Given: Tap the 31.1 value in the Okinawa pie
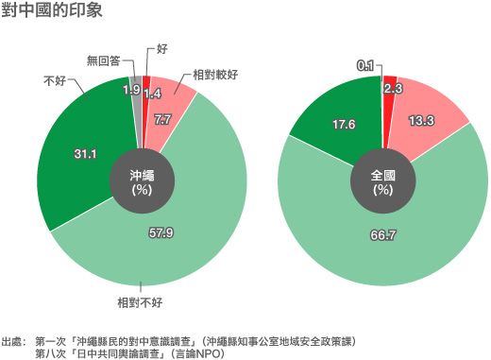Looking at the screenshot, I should pos(85,152).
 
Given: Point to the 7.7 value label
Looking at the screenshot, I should pos(161,120).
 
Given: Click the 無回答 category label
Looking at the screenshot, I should pos(104,60).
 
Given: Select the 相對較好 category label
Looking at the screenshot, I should pos(216,74).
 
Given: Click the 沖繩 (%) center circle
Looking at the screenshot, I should pos(142,180).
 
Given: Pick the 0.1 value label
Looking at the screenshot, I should pos(366,66).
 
